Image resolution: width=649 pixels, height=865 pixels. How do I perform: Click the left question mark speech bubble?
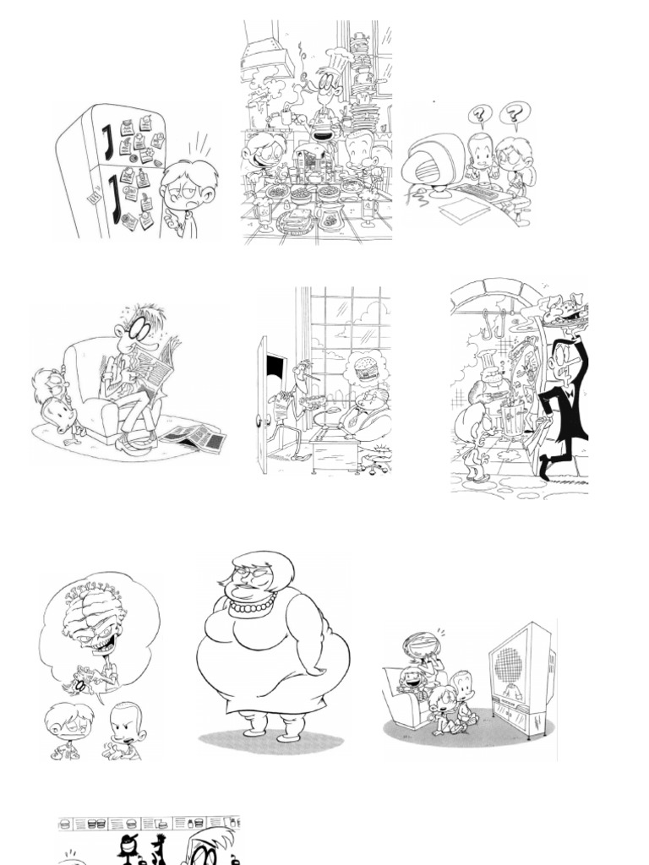(479, 114)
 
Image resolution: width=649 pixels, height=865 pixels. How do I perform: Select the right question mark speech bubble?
(512, 112)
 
